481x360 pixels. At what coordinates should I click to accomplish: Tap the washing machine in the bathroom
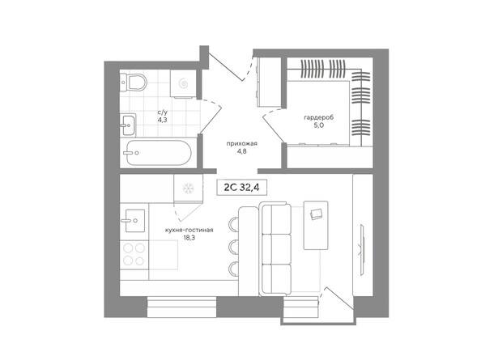pos(183,82)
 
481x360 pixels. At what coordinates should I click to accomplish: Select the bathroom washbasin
pos(128,123)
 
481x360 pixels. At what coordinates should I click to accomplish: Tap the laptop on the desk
pos(316,214)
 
